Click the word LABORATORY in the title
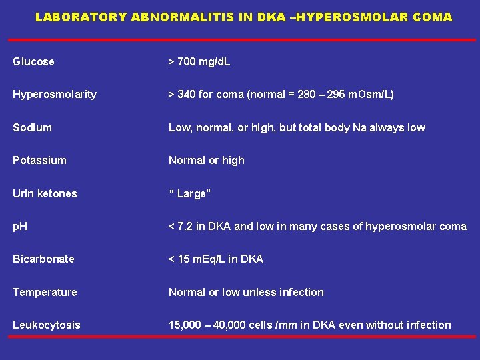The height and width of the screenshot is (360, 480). [81, 17]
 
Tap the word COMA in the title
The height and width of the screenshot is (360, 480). [432, 17]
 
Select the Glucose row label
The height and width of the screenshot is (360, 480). [33, 62]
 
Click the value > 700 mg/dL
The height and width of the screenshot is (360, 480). [199, 62]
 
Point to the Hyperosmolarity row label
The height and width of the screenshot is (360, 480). [55, 95]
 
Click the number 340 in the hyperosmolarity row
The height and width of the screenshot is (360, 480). [187, 95]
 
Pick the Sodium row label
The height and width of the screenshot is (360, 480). [32, 127]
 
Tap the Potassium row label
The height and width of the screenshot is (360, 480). [39, 161]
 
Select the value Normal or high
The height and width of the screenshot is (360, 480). [207, 161]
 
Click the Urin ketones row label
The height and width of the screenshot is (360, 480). [45, 193]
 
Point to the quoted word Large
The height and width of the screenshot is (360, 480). [192, 193]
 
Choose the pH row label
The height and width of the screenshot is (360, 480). [19, 227]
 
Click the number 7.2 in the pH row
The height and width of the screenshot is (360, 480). [185, 227]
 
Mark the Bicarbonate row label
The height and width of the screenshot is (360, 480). [43, 259]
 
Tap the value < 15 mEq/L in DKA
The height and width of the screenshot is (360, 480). [216, 259]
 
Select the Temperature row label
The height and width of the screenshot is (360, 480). [45, 292]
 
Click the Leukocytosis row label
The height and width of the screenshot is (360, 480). [46, 325]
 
